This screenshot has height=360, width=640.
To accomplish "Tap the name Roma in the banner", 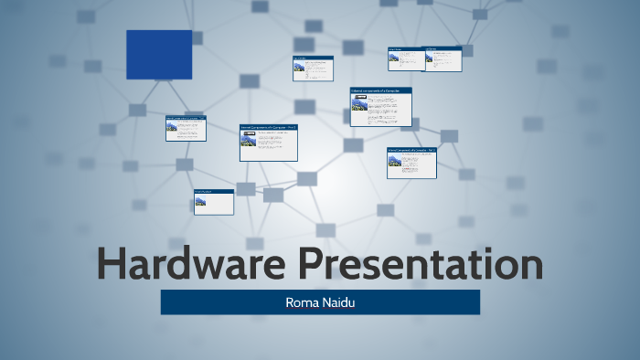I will (x=304, y=302).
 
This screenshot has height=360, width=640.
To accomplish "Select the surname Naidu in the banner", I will (x=337, y=302).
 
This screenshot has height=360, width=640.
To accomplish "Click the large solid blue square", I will (x=159, y=55).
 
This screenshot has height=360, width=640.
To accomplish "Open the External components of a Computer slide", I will (x=380, y=107).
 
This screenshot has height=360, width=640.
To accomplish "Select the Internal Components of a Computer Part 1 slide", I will (x=269, y=143).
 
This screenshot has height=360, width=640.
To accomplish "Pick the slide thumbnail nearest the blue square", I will (x=186, y=128).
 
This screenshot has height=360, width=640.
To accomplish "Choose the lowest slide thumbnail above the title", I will (x=213, y=202).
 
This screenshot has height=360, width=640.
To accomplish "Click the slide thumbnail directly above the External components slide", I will (x=313, y=69).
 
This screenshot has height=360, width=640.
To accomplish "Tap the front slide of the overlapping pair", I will (x=443, y=58).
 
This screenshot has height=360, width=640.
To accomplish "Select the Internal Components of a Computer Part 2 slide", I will (x=411, y=162).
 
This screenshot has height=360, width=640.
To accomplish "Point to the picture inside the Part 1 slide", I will (x=248, y=140).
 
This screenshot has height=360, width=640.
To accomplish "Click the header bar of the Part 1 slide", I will (x=269, y=127).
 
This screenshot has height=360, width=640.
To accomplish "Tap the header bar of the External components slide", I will (x=380, y=90).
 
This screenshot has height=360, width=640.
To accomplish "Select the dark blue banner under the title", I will (x=320, y=302).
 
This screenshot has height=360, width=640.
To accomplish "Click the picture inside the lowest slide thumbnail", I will (x=200, y=201).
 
